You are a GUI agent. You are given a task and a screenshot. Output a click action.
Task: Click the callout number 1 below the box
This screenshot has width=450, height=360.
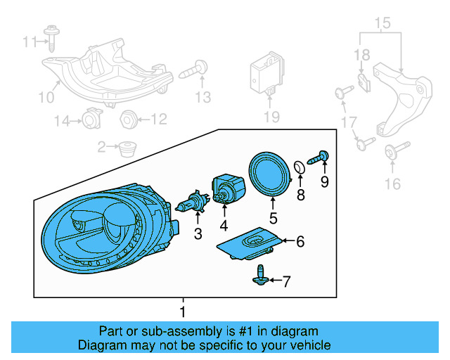coord(183,311)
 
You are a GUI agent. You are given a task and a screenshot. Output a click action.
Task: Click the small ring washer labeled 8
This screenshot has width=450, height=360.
coord(300,166)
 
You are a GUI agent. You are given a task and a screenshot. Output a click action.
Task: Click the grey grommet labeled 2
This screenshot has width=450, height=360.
coord(127,148)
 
